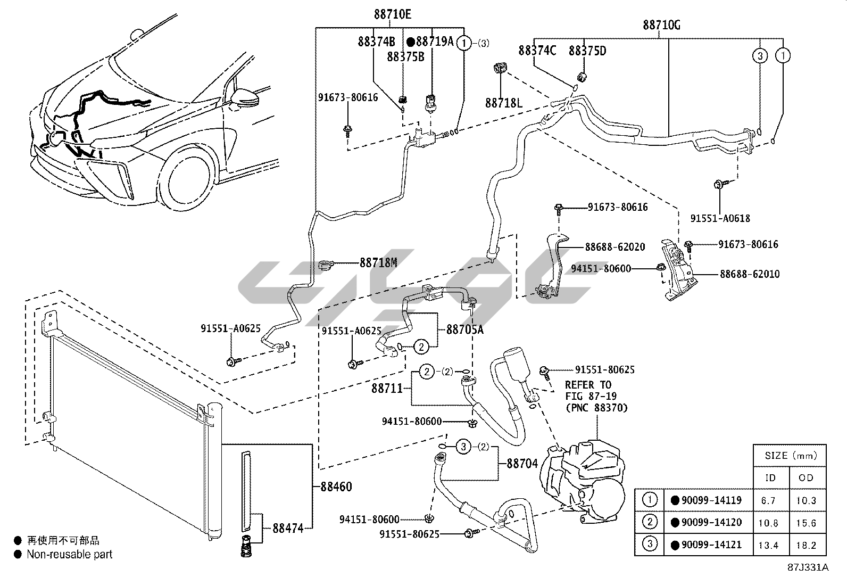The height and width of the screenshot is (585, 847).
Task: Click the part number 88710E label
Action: tap(392, 14)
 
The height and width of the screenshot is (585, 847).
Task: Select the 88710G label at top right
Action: tap(661, 25)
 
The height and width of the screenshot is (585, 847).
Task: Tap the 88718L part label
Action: tap(503, 102)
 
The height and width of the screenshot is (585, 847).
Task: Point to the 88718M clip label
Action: tap(378, 262)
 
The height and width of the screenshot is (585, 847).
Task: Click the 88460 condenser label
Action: tap(336, 487)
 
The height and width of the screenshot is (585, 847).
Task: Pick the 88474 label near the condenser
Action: tap(288, 529)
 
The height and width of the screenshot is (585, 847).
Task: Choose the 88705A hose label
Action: tap(464, 329)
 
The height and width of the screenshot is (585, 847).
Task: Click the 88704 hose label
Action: tap(522, 464)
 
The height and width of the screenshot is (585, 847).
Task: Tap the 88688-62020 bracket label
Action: tap(615, 247)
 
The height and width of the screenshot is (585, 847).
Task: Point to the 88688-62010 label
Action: tap(750, 274)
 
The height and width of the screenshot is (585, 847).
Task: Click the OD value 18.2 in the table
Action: tap(806, 545)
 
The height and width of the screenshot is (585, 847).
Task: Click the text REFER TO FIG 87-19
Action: tap(588, 391)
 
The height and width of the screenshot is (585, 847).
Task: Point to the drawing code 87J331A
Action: tap(808, 567)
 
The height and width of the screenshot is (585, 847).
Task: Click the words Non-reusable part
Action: tap(70, 554)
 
